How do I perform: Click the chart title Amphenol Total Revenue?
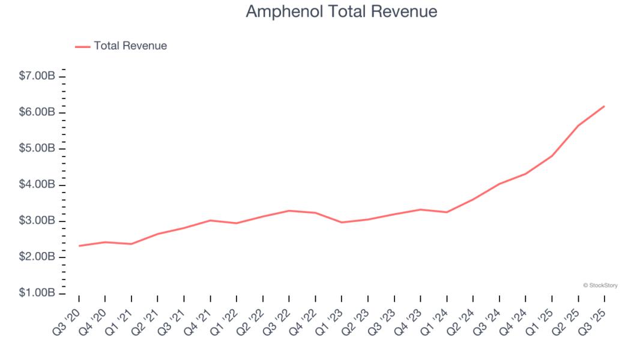click(x=342, y=11)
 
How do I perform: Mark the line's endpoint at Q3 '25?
click(x=604, y=106)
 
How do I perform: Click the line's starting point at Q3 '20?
click(x=79, y=246)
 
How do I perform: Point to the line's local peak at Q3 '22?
click(x=289, y=211)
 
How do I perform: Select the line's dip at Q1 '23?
click(x=342, y=223)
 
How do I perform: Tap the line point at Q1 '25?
click(x=552, y=156)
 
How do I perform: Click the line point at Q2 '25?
click(x=578, y=126)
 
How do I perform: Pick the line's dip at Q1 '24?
click(x=447, y=212)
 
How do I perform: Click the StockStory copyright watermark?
click(x=600, y=286)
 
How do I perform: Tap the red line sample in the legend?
click(x=82, y=46)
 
